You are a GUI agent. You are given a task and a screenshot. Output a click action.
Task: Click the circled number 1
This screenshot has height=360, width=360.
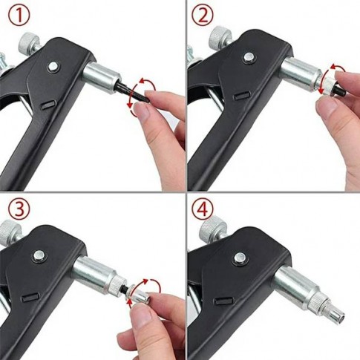19,16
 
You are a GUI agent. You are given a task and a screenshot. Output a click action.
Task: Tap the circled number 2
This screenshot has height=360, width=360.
202,16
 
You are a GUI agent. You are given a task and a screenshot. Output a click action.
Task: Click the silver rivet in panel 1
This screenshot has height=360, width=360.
53,66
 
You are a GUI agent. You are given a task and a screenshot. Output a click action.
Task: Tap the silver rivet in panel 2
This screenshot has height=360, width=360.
249,58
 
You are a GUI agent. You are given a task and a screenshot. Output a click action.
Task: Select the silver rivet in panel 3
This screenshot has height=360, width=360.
39,255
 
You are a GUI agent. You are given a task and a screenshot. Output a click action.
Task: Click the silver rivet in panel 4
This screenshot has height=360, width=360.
239,258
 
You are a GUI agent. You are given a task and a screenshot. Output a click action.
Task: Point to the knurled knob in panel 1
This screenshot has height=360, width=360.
30,42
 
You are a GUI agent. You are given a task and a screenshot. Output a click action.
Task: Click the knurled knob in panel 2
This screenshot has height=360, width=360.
220,36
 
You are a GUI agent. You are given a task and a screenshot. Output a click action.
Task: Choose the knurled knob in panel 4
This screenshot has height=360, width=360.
213,226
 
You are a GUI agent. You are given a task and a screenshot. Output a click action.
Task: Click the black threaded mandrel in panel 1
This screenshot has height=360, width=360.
131,91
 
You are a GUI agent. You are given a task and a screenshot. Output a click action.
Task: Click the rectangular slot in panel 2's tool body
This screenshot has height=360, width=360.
242,96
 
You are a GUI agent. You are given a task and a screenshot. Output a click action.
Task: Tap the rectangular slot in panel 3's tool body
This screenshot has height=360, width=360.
30,297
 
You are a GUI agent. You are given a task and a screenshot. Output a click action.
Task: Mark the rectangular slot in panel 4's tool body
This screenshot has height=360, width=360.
223,301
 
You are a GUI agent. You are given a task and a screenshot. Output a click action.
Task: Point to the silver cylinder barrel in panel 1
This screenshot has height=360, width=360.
102,76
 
